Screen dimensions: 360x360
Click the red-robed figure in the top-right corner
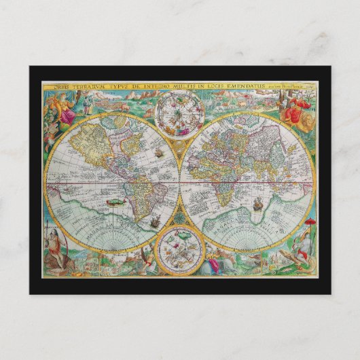click(294, 107)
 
